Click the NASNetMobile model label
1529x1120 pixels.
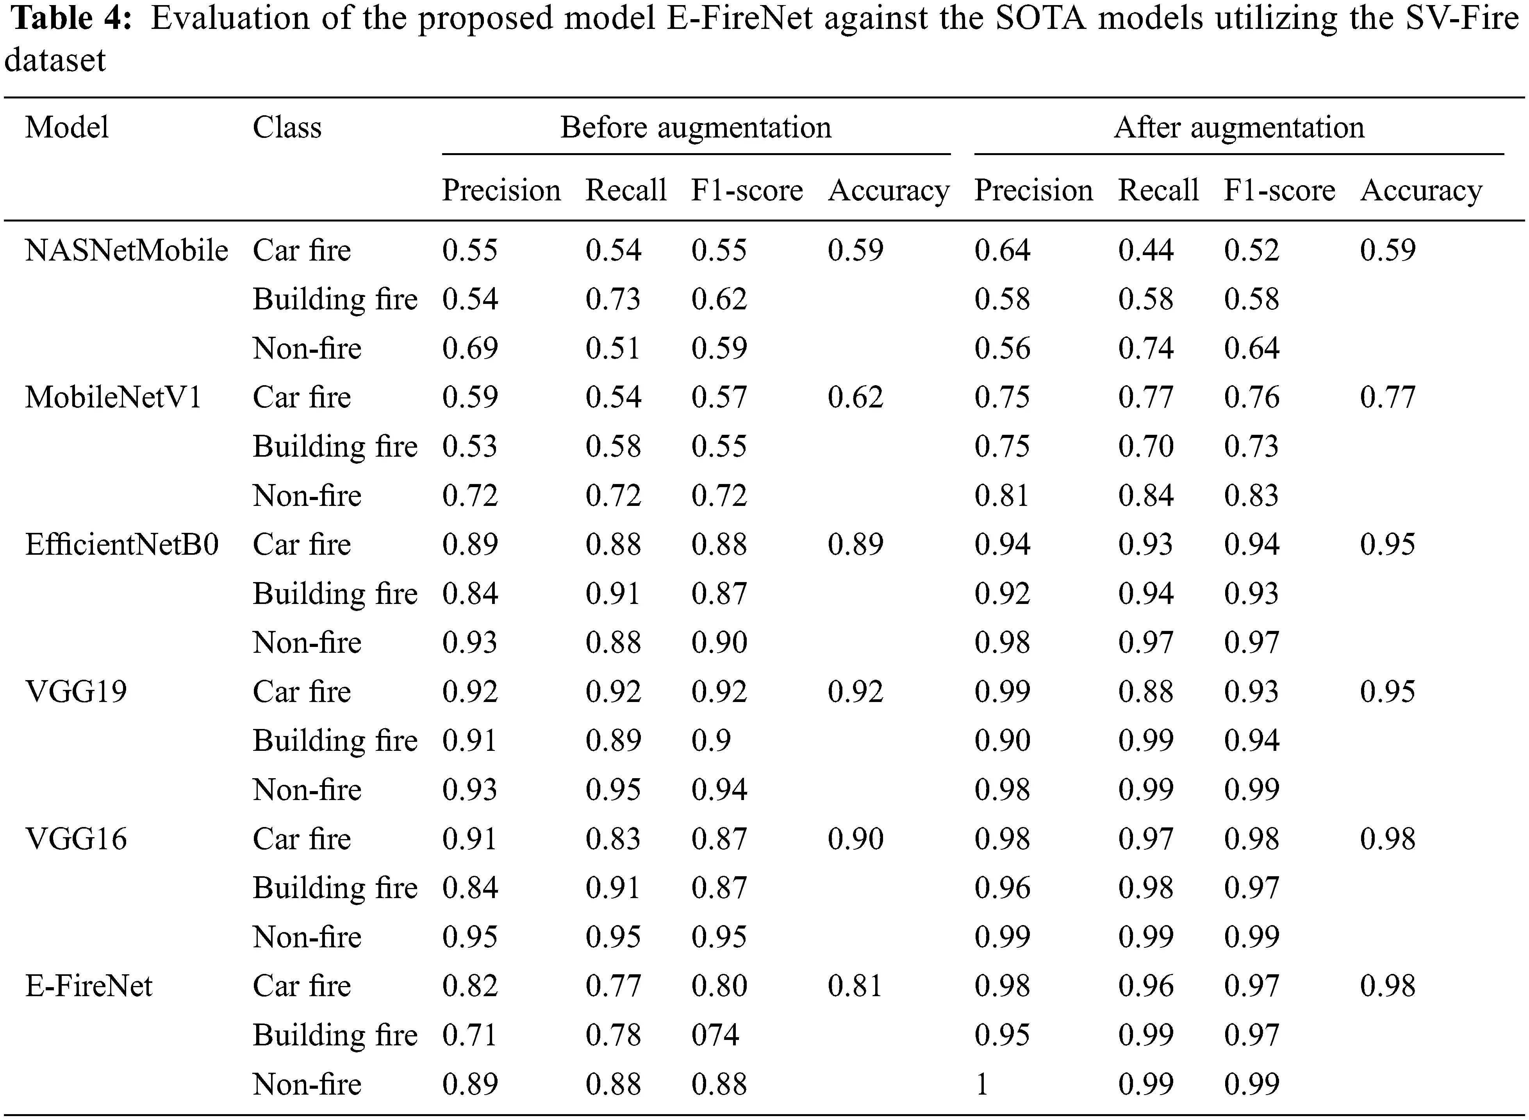126,251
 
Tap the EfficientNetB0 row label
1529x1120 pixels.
122,545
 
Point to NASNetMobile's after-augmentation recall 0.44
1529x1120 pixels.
1145,251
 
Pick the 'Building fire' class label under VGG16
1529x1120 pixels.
335,888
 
